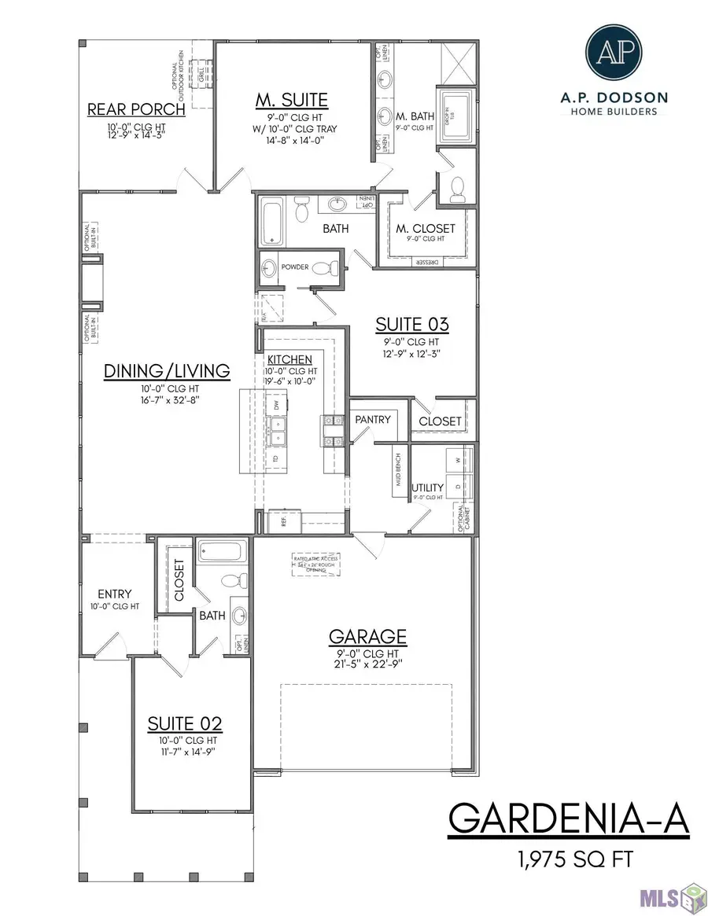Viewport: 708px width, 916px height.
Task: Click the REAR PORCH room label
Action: [135, 109]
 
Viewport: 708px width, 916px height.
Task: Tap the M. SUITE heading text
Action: [291, 100]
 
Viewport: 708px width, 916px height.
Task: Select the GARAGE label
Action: [367, 635]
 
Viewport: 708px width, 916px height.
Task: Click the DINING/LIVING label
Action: [167, 370]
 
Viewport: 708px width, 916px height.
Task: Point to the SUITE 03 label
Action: [411, 324]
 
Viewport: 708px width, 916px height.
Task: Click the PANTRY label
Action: [372, 419]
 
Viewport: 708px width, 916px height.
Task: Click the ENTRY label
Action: [114, 594]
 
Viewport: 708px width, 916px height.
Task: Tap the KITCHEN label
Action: [290, 359]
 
